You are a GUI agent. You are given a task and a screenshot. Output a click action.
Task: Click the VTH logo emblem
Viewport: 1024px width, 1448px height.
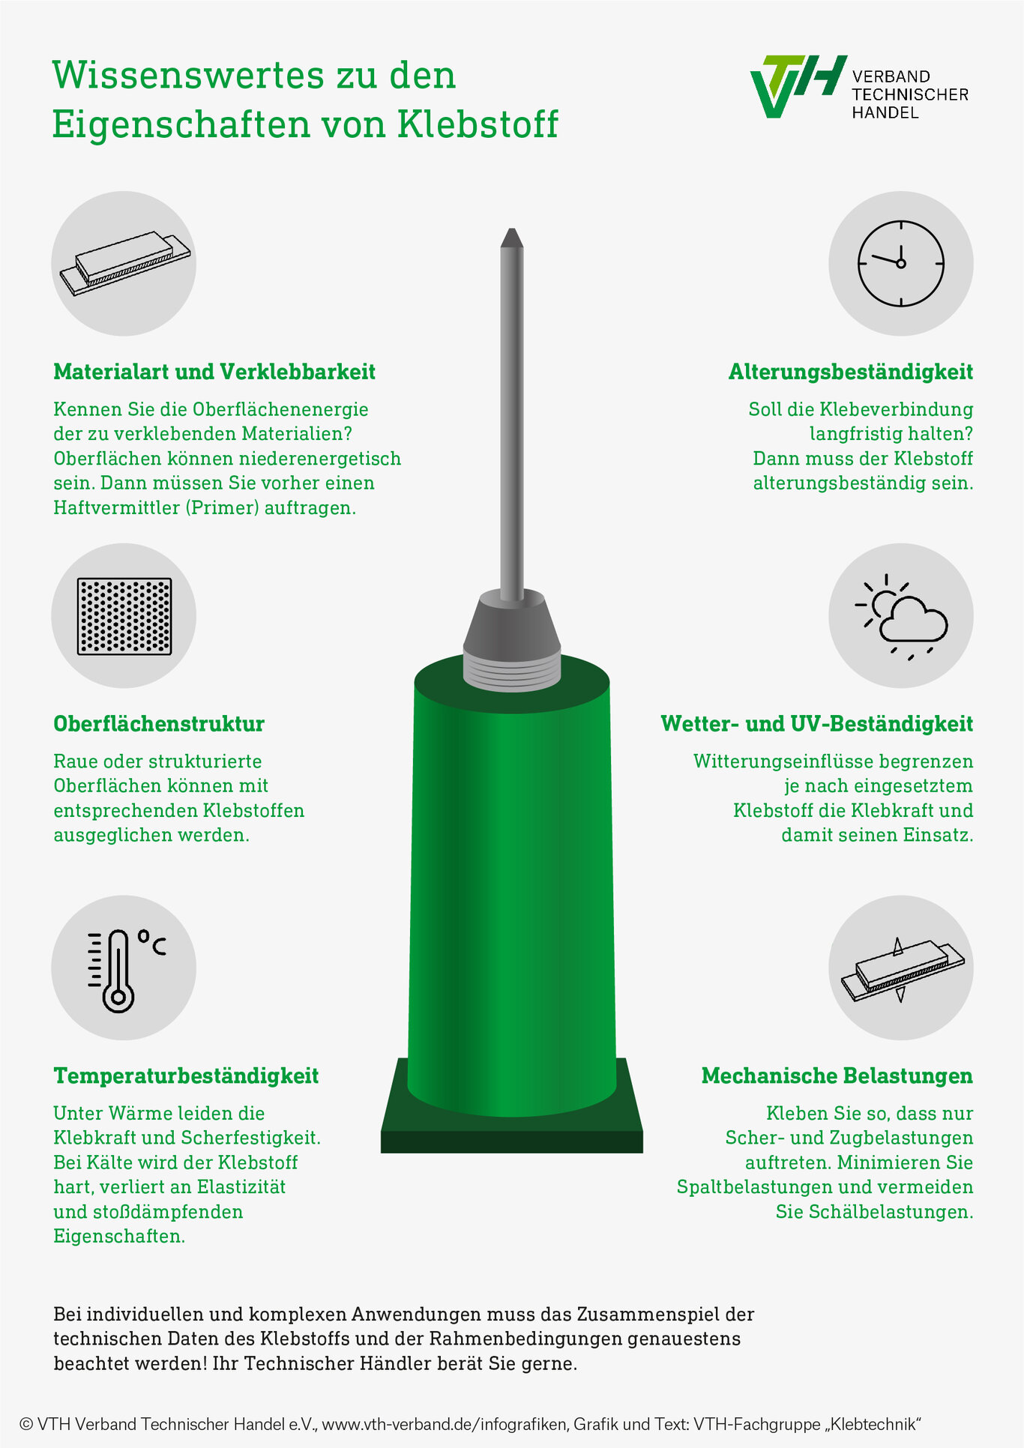coord(798,85)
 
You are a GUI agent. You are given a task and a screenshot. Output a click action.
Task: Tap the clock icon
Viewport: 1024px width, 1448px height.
coord(900,263)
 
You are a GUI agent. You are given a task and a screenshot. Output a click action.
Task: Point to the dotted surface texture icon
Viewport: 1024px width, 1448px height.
coord(124,616)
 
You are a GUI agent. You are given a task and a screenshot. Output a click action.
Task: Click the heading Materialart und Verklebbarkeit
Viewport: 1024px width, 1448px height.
coord(214,372)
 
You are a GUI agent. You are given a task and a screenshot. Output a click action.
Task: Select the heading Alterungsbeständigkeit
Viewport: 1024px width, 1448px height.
coord(851,372)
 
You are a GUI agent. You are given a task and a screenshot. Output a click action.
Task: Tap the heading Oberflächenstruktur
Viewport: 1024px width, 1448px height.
coord(159,724)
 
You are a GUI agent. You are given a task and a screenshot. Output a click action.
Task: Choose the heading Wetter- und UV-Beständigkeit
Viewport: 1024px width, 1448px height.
coord(817,724)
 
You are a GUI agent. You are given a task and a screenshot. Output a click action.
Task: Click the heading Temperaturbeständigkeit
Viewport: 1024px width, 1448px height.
coord(186,1076)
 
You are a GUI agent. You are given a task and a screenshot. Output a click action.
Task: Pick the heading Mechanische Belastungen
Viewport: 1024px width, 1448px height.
coord(837,1076)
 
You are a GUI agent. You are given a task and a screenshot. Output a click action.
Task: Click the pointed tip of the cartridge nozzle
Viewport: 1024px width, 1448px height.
coord(512,229)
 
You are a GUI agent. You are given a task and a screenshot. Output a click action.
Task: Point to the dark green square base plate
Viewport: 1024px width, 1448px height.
coord(512,1106)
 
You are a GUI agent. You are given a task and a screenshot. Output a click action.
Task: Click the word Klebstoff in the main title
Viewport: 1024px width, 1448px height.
coord(478,124)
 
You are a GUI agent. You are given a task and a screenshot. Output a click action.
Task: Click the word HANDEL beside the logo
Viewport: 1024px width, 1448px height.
coord(885,112)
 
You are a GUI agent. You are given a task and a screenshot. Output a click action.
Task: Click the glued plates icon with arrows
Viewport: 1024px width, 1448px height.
coord(901,968)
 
